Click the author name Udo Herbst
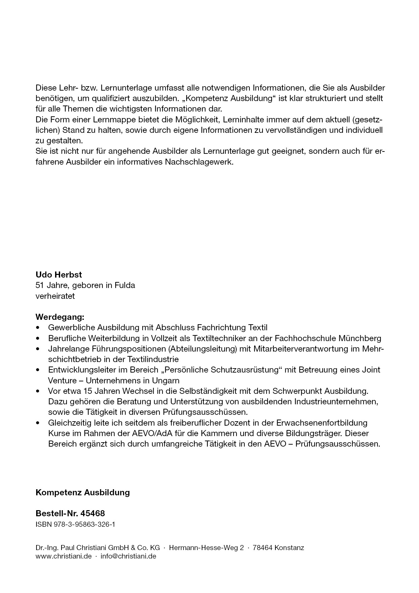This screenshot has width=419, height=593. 59,275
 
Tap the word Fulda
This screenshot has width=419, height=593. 125,285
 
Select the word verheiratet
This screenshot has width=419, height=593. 55,296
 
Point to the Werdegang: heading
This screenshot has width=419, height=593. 60,317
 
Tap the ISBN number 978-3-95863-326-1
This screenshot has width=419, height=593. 84,524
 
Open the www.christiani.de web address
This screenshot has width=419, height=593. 64,556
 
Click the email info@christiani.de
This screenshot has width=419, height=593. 128,556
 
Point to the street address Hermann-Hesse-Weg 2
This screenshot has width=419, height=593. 206,548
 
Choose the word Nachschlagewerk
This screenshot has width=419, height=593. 199,162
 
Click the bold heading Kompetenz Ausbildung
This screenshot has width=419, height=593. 83,492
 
